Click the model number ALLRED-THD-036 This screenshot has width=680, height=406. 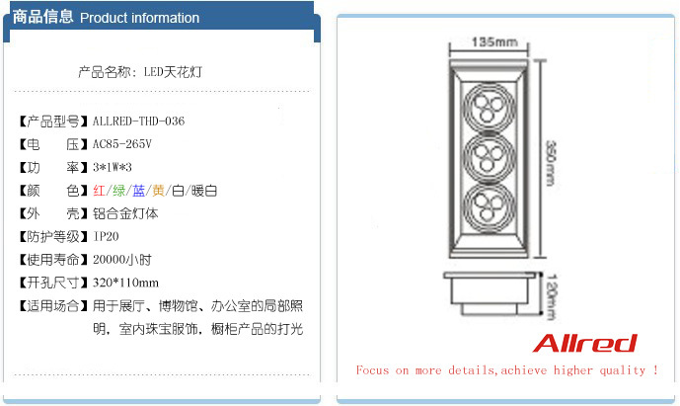tap(139, 122)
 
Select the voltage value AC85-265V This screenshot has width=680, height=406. tap(122, 144)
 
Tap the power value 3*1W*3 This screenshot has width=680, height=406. tap(113, 167)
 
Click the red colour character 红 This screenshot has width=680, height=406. tap(100, 191)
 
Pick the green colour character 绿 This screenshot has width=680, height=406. tap(118, 191)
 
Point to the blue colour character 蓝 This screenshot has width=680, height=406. tap(139, 191)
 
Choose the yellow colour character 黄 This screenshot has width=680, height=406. tap(158, 191)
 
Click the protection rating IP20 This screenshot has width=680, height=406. tap(107, 237)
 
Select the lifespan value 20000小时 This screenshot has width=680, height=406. tap(122, 260)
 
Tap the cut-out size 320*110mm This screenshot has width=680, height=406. tap(125, 284)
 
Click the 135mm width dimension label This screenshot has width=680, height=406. tap(494, 42)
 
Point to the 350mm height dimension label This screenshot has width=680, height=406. tap(551, 163)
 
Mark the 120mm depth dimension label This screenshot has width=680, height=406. tap(551, 296)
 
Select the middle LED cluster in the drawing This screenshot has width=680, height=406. tap(489, 155)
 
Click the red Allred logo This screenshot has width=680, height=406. tap(584, 344)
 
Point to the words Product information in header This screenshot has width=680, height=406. tap(139, 18)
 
